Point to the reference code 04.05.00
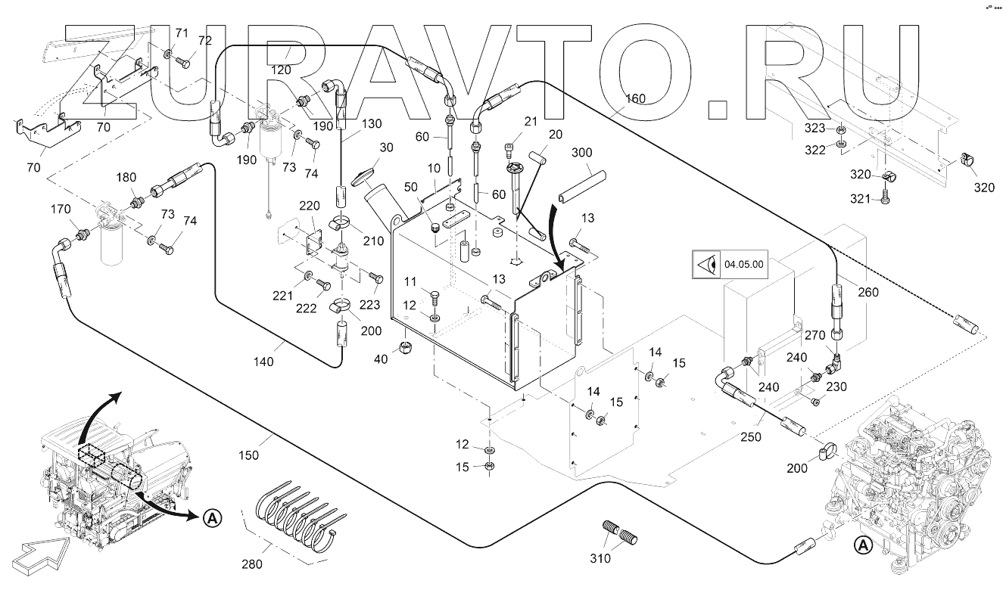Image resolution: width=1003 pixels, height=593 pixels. tap(744, 265)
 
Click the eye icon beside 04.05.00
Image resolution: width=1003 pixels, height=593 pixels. tap(706, 265)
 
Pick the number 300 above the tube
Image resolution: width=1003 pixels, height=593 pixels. tap(582, 153)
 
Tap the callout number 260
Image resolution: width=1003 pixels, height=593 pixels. tap(868, 293)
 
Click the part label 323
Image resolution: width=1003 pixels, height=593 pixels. tap(815, 128)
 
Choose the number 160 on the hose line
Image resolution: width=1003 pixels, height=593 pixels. tap(635, 99)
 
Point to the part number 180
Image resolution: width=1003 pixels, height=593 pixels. tap(126, 178)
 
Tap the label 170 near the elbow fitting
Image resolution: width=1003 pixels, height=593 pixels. tap(62, 209)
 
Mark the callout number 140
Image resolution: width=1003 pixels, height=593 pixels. tap(264, 362)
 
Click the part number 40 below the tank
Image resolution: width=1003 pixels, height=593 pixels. tap(381, 359)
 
